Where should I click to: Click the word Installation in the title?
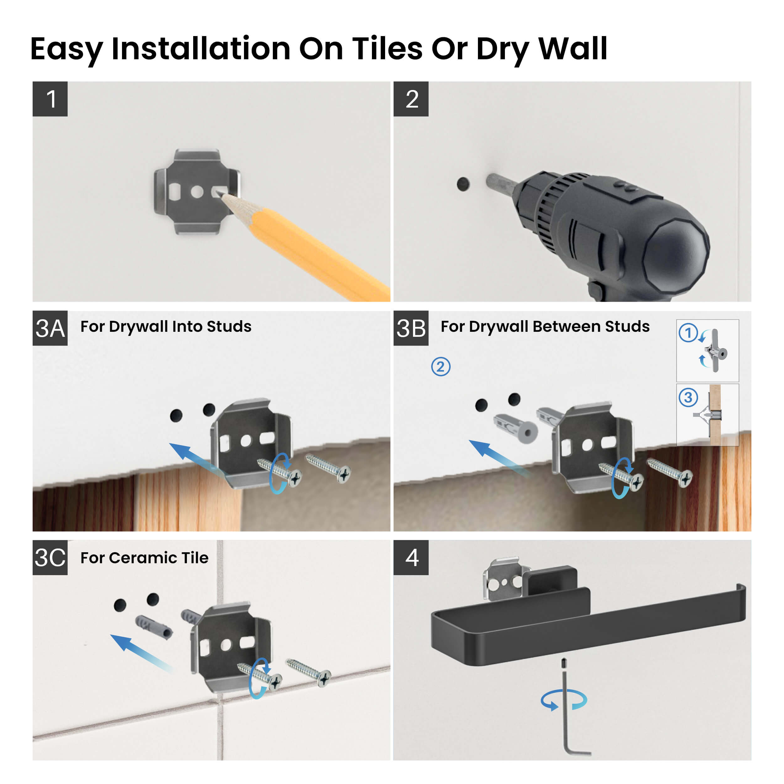click(201, 49)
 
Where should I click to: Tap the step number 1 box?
click(50, 99)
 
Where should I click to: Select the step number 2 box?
click(411, 99)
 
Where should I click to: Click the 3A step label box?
click(50, 328)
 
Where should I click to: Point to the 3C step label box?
click(50, 558)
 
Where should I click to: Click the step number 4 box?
click(411, 558)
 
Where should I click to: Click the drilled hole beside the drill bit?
click(463, 184)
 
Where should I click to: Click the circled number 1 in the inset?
click(688, 333)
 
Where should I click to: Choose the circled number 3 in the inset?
click(688, 397)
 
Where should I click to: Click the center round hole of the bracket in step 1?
click(197, 192)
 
